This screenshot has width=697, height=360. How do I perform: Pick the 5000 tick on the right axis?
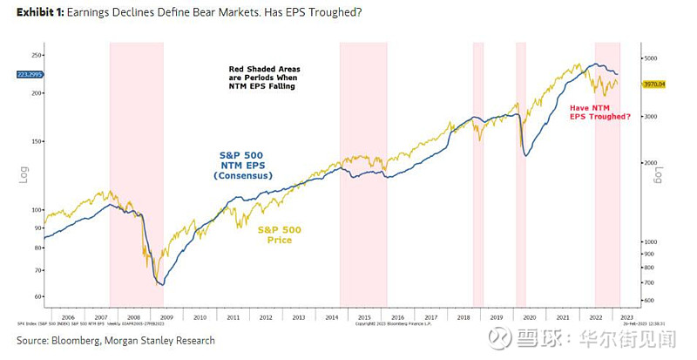(651, 58)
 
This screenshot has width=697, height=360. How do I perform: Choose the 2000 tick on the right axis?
(651, 163)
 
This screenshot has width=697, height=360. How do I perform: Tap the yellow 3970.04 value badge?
(654, 85)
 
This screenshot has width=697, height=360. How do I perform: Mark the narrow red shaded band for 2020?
(521, 174)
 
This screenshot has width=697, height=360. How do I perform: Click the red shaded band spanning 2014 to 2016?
(363, 174)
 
